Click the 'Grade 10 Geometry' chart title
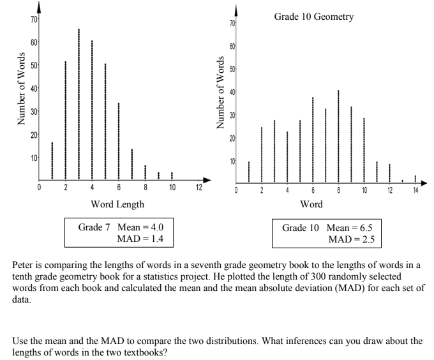point(313,17)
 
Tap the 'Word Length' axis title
point(117,204)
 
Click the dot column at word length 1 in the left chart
point(52,161)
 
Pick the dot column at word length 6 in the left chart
point(119,140)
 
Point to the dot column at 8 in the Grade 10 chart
point(338,136)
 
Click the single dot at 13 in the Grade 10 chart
point(402,181)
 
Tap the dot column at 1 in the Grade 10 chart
point(249,172)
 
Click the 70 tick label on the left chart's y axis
point(33,19)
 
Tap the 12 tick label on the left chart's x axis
point(198,188)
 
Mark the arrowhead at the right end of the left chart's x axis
point(206,179)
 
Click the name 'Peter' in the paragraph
point(24,263)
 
